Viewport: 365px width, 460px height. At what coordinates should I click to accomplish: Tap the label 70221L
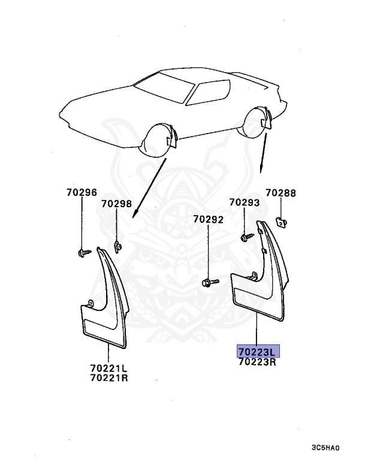point(110,368)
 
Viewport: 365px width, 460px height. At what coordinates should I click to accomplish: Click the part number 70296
point(81,193)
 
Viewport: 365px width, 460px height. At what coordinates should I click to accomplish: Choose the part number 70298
point(116,204)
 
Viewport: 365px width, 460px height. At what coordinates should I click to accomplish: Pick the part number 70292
point(208,220)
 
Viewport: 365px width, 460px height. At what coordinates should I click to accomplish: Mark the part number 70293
point(244,203)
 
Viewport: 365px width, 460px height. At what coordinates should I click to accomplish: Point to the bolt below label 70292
point(207,281)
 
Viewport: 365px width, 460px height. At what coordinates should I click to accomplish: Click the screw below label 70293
point(246,237)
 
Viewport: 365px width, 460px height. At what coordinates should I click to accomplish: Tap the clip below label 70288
point(280,222)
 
